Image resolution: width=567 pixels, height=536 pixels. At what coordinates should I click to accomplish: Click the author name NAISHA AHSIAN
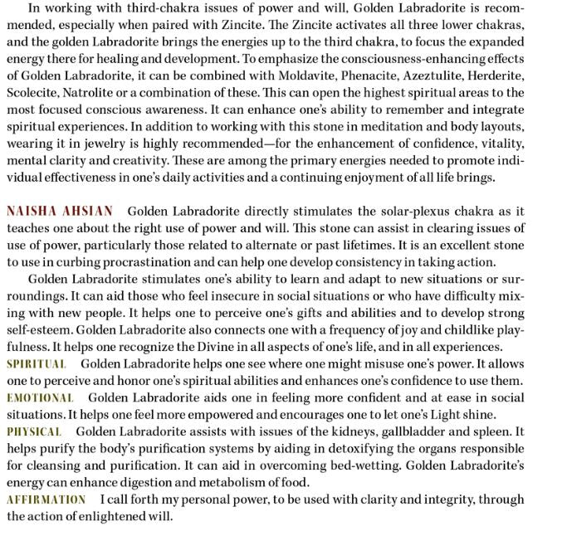click(60, 212)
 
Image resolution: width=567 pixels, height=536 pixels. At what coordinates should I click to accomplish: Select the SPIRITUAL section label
click(36, 364)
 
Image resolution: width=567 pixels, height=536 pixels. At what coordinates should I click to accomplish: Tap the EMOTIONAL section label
click(40, 398)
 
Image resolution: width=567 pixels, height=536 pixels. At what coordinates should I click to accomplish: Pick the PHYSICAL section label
click(34, 432)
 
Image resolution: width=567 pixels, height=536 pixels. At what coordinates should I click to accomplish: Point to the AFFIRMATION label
click(46, 499)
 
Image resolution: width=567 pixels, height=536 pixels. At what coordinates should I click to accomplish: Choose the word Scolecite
click(32, 93)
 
